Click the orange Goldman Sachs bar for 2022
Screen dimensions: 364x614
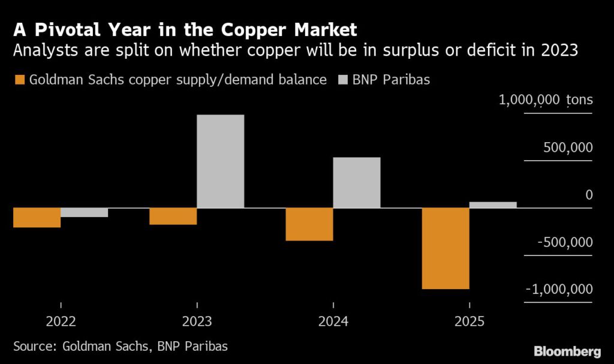click(x=37, y=218)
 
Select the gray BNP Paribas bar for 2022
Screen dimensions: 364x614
click(x=84, y=212)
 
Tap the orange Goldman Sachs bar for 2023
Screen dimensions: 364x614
click(x=173, y=216)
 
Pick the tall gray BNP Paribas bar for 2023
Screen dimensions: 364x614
click(x=220, y=161)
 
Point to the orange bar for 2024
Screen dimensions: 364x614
click(x=309, y=224)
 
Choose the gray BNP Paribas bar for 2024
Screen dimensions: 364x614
click(x=356, y=183)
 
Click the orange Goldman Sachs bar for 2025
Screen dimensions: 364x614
click(x=445, y=248)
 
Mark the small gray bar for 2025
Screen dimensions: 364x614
click(x=492, y=205)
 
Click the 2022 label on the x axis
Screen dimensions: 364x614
click(x=61, y=321)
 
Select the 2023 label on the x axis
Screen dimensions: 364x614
click(x=197, y=321)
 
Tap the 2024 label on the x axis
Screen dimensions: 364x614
click(x=333, y=321)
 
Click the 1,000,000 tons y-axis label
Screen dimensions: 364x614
click(x=546, y=100)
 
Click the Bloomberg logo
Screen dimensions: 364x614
click(x=567, y=350)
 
